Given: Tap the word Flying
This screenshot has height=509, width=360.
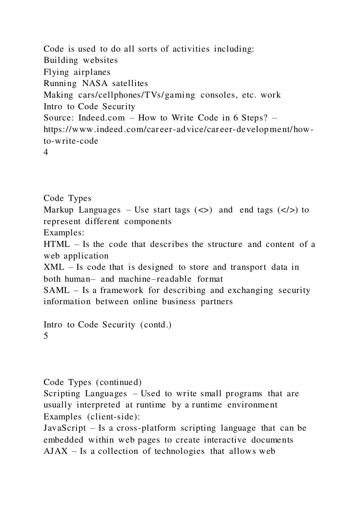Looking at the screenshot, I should (56, 72).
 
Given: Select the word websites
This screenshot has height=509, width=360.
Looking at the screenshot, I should (100, 60).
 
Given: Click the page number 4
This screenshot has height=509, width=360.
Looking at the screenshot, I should (46, 152).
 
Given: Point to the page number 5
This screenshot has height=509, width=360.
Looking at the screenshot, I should (46, 336).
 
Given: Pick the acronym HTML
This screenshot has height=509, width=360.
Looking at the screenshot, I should (57, 244).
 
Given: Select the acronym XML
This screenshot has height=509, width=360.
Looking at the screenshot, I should (54, 267).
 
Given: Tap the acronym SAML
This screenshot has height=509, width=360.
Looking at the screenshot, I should (56, 290).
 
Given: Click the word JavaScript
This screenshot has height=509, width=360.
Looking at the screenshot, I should (65, 428).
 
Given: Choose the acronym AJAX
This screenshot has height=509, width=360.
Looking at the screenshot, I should (56, 451).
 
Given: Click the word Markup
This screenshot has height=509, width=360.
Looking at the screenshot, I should (58, 210).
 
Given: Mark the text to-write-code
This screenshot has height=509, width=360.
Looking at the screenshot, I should (71, 141).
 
